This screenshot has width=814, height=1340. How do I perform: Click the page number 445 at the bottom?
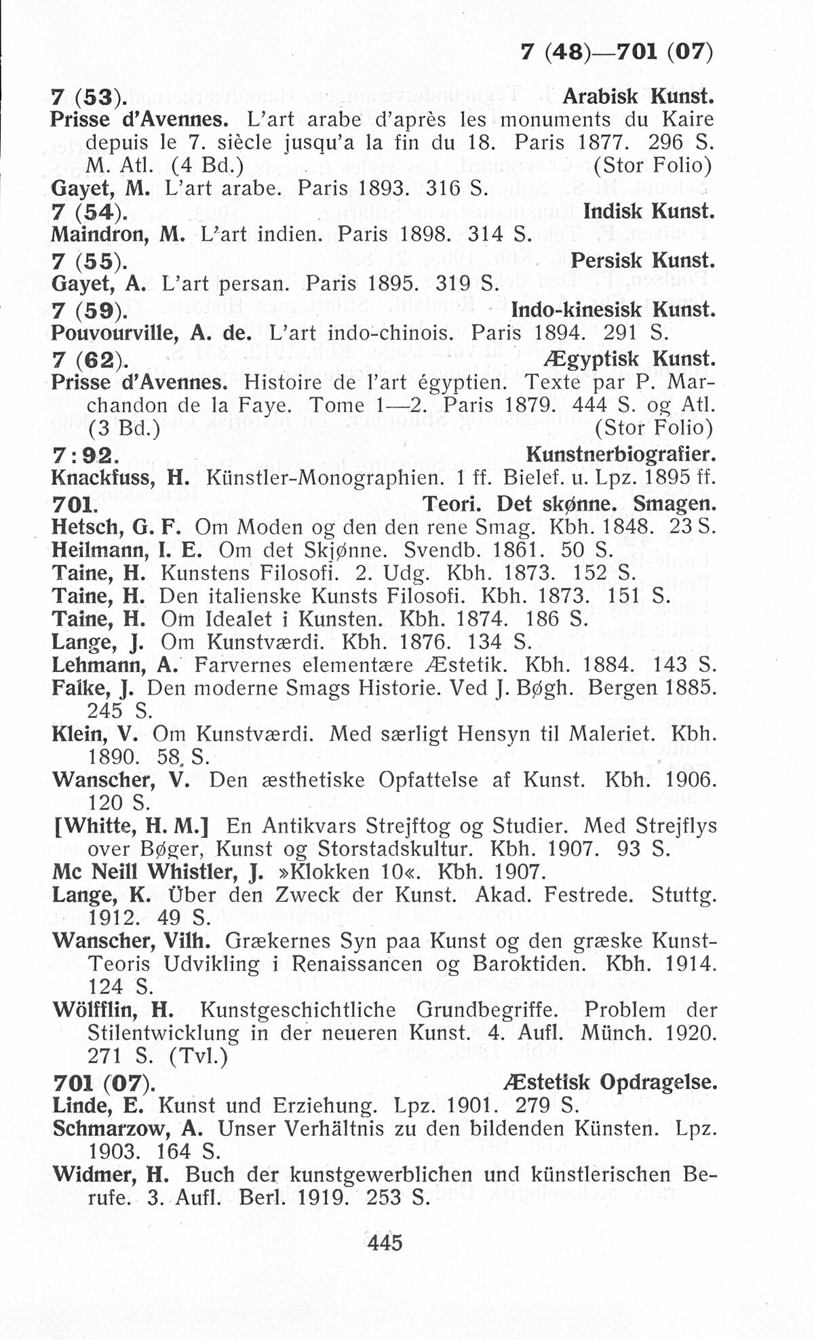click(385, 1242)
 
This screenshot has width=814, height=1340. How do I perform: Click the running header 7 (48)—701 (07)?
click(616, 52)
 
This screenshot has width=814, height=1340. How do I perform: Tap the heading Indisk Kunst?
click(648, 212)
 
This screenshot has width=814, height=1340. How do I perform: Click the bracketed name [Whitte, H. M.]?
click(129, 826)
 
